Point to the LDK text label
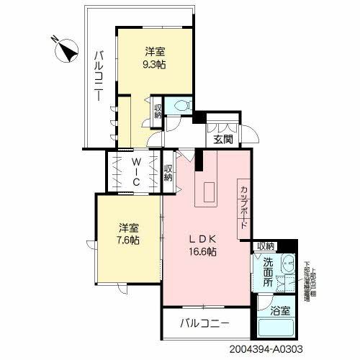[202, 240]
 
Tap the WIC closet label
[135, 173]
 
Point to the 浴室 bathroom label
[279, 312]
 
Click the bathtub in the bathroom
[277, 330]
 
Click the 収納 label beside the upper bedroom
[158, 112]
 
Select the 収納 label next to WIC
[168, 174]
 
